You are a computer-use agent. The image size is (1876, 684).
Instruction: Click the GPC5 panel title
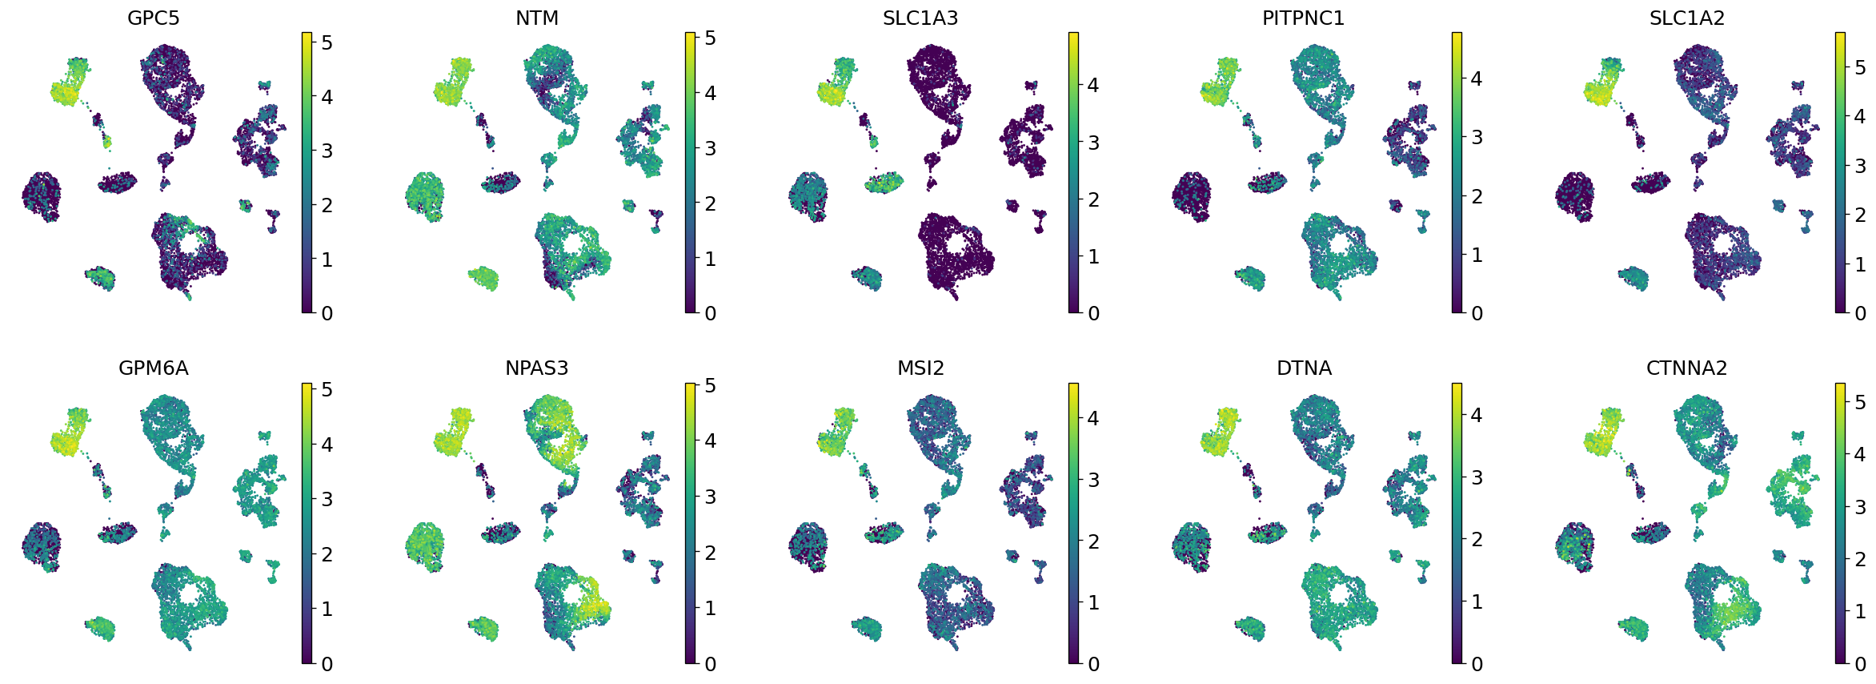point(154,18)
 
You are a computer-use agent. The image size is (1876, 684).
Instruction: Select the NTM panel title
point(537,18)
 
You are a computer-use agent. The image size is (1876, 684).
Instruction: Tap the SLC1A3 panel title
point(920,18)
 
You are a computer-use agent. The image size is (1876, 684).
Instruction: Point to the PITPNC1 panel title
point(1304,18)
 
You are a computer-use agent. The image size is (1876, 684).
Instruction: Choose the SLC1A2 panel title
point(1687,18)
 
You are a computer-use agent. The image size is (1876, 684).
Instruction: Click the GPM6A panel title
point(154,368)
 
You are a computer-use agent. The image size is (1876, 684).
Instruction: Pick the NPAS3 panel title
point(537,368)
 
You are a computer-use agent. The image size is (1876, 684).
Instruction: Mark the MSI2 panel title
point(920,368)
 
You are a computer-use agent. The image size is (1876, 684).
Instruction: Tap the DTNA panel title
point(1304,368)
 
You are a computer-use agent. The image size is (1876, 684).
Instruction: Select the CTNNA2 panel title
point(1687,368)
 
